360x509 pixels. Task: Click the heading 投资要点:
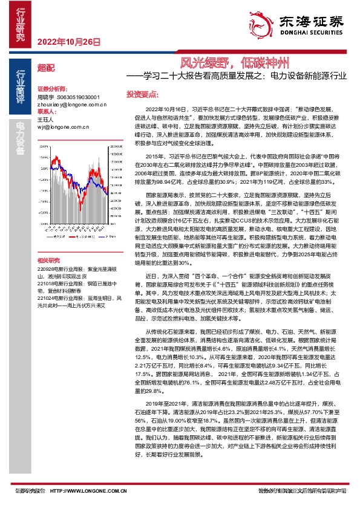click(142, 94)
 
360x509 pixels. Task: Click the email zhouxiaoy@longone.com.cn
click(68, 104)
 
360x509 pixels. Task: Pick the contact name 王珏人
click(45, 120)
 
